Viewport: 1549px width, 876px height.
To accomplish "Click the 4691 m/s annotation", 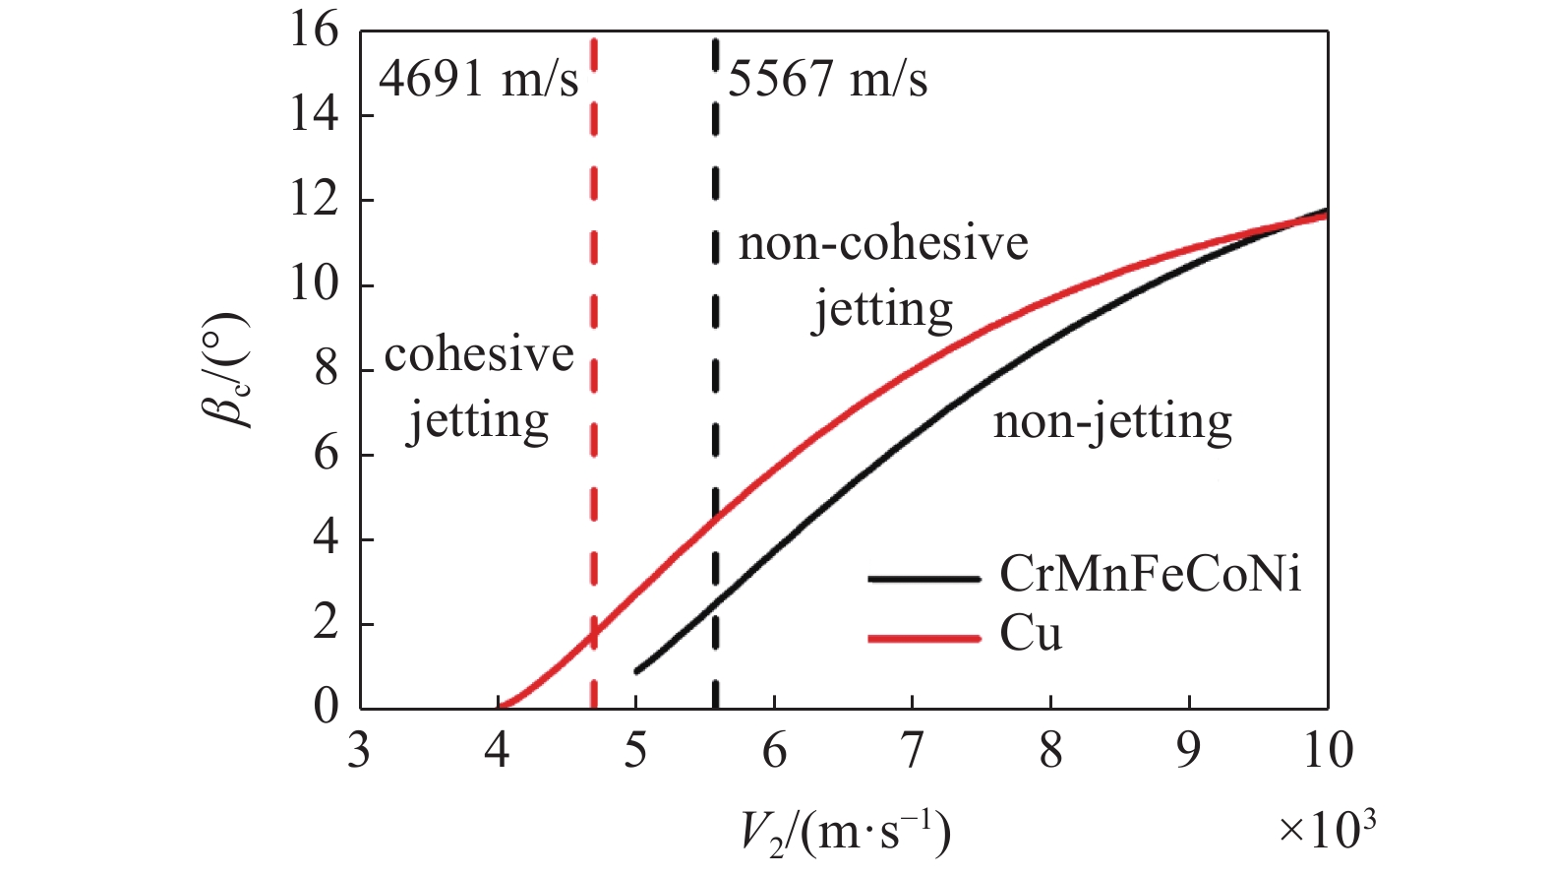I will coord(478,79).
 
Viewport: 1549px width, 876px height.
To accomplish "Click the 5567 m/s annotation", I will coord(827,79).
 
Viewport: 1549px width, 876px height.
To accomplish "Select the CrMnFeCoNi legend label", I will coord(1150,575).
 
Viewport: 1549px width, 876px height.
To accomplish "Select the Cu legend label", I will coord(1031,635).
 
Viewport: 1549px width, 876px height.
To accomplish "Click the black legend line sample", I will coord(923,579).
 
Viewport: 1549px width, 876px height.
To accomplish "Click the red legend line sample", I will coord(923,639).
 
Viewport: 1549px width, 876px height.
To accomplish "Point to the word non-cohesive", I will coord(882,243).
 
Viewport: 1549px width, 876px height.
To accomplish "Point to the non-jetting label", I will coord(1112,421).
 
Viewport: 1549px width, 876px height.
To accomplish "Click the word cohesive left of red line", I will coord(479,355).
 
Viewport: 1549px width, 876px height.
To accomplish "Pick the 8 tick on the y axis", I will coord(326,370).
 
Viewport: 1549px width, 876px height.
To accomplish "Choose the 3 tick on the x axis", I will coord(359,751).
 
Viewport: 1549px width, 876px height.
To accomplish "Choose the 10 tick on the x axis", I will coord(1328,751).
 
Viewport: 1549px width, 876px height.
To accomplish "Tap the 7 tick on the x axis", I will coord(913,751).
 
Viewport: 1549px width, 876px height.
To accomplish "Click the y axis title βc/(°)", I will coord(227,370).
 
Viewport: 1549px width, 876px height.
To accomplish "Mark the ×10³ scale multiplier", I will coord(1326,830).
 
